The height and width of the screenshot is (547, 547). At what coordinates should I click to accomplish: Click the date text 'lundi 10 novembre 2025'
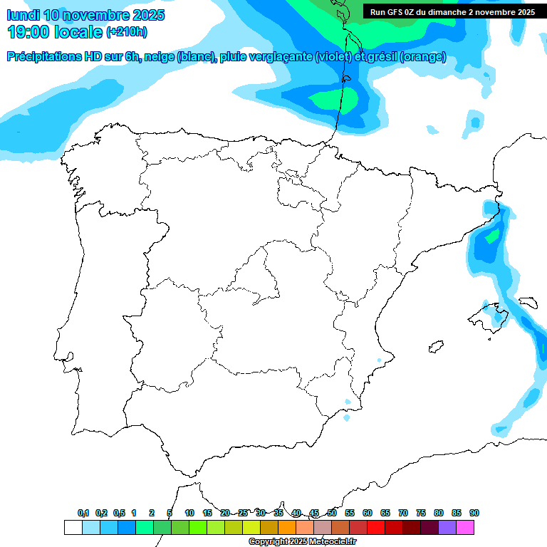tap(85, 15)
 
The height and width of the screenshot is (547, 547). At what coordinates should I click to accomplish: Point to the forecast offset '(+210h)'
tap(126, 32)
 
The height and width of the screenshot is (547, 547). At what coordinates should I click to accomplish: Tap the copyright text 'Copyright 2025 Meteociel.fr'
tap(303, 542)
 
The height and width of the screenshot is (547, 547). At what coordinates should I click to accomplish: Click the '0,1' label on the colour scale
tap(83, 514)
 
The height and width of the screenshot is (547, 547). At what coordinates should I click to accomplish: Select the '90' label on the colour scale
tap(474, 514)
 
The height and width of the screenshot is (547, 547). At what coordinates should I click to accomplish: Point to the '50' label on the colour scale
tap(332, 514)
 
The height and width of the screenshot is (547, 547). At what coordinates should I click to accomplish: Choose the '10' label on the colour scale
tap(189, 514)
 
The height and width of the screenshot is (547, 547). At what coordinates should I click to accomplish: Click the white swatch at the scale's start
tap(73, 527)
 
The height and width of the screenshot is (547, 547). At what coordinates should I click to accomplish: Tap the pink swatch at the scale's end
tap(465, 527)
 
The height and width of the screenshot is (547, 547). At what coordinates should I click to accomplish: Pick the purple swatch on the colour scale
tap(447, 527)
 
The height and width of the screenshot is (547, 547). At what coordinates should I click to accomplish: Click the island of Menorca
tap(528, 303)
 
